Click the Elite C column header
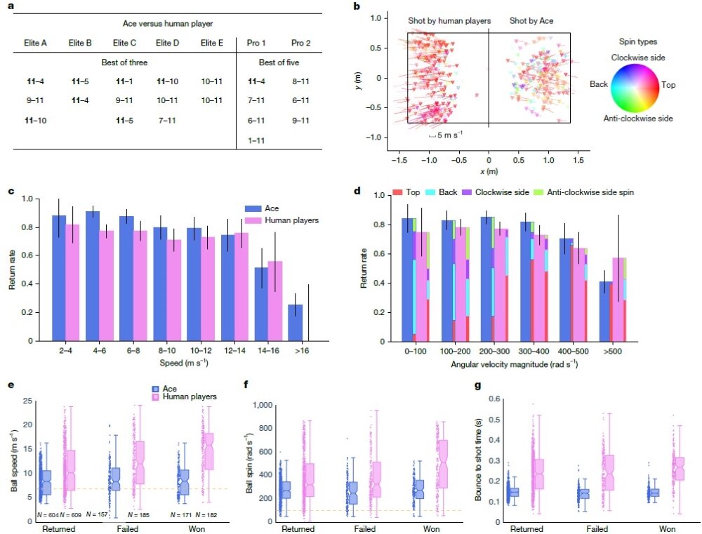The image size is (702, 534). (124, 43)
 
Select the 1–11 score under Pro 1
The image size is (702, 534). (256, 140)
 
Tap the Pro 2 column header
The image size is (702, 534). (301, 43)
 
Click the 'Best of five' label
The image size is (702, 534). (279, 62)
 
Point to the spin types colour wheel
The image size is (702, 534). (635, 88)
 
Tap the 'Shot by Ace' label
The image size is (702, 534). (531, 20)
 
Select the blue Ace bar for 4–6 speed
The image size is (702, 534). (93, 276)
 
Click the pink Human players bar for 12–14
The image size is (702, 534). (241, 287)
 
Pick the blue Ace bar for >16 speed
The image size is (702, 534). (295, 323)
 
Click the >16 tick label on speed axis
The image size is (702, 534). (302, 350)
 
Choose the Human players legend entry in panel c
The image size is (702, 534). (282, 220)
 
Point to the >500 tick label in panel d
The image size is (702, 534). (612, 352)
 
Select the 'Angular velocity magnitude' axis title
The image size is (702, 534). (515, 364)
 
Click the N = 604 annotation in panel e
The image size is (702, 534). (48, 515)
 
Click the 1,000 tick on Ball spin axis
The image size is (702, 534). (263, 405)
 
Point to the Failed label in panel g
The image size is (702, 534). (597, 529)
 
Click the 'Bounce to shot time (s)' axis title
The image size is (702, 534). (479, 460)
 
